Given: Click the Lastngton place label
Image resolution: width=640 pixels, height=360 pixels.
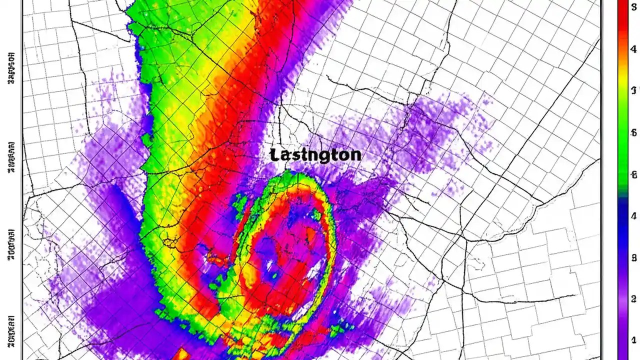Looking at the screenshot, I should click(x=315, y=154).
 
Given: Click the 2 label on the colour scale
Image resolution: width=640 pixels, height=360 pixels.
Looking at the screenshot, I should click(x=633, y=299).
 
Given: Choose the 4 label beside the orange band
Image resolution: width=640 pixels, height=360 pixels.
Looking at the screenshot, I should click(x=633, y=49).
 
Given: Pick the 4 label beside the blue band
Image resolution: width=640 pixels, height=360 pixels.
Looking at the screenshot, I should click(x=633, y=216).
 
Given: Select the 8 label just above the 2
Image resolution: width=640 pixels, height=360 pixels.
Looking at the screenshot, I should click(x=633, y=258).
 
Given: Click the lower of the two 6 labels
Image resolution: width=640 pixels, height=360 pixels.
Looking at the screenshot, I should click(x=633, y=174).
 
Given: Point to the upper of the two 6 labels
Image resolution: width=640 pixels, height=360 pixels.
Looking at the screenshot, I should click(x=633, y=132).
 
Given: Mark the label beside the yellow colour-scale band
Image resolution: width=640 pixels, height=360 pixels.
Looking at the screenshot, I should click(x=633, y=90).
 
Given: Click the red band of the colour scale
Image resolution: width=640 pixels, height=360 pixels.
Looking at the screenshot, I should click(x=622, y=25).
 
